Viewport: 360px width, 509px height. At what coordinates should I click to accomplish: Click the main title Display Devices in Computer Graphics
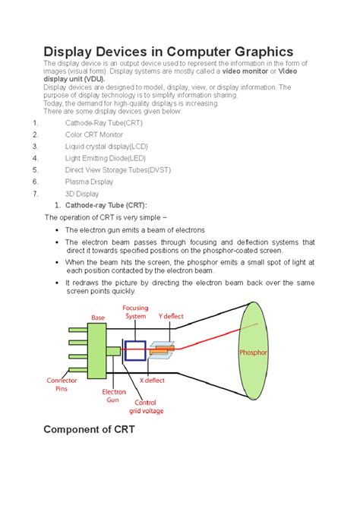click(x=168, y=52)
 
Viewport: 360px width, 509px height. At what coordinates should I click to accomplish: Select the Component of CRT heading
click(x=89, y=429)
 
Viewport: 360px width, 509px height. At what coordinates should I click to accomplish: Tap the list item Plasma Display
click(x=89, y=182)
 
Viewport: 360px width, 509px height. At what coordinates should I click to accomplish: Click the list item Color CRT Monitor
click(x=94, y=134)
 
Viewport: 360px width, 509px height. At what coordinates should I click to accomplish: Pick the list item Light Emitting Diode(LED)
click(x=105, y=159)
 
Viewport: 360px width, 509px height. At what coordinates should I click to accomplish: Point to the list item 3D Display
click(x=82, y=194)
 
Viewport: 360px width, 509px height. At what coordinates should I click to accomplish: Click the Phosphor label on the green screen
click(x=253, y=353)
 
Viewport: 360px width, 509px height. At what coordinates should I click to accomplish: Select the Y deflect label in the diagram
click(x=171, y=316)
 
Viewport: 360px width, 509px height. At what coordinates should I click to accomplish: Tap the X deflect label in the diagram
click(x=152, y=380)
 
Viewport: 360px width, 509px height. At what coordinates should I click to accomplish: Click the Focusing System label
click(x=135, y=312)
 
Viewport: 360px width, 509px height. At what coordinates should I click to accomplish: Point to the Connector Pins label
click(x=62, y=384)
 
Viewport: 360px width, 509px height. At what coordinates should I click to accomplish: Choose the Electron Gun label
click(x=114, y=396)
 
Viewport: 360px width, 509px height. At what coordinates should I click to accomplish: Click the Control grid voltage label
click(x=146, y=406)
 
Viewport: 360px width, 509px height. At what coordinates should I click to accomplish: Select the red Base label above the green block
click(x=98, y=318)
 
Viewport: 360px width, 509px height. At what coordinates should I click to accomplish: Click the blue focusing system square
click(x=135, y=350)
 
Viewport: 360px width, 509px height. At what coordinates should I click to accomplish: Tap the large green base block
click(x=97, y=350)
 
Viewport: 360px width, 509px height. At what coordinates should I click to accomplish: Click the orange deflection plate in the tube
click(x=162, y=350)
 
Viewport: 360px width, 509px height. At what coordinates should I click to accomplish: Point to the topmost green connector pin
click(x=78, y=330)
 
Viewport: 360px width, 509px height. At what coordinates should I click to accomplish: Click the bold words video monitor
click(x=245, y=71)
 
